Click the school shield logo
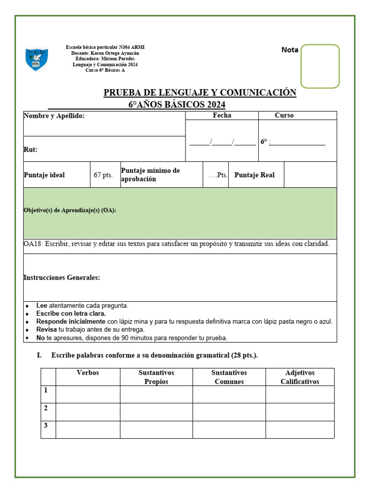[x=37, y=59]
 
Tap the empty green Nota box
[x=320, y=66]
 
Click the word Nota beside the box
[x=290, y=50]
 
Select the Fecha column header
[x=222, y=116]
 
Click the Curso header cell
[x=284, y=116]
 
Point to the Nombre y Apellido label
[x=54, y=116]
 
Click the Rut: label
[x=30, y=150]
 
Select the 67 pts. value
[x=103, y=175]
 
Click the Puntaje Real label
[x=254, y=175]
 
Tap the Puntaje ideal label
[x=44, y=175]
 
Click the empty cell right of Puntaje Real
[x=310, y=175]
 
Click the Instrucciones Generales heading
[x=62, y=278]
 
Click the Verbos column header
[x=88, y=373]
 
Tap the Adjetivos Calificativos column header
[x=300, y=377]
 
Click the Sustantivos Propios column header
[x=156, y=377]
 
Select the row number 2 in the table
[x=46, y=408]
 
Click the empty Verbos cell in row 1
[x=88, y=394]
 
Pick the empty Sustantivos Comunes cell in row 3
[x=229, y=429]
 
